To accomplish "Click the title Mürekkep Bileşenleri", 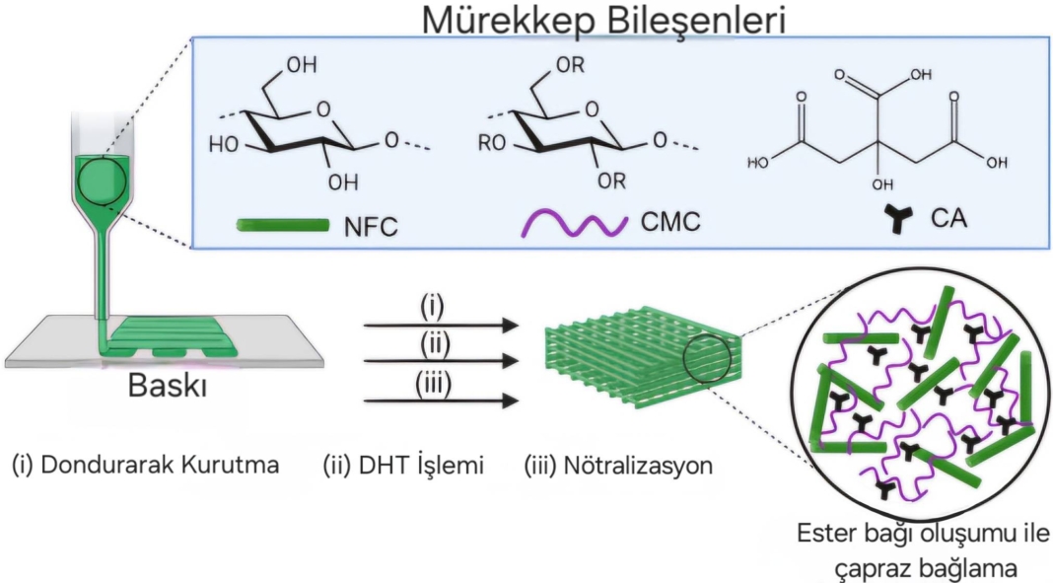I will [x=603, y=21].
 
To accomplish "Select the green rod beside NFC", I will [x=283, y=224].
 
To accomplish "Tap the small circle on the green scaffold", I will [x=707, y=358].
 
